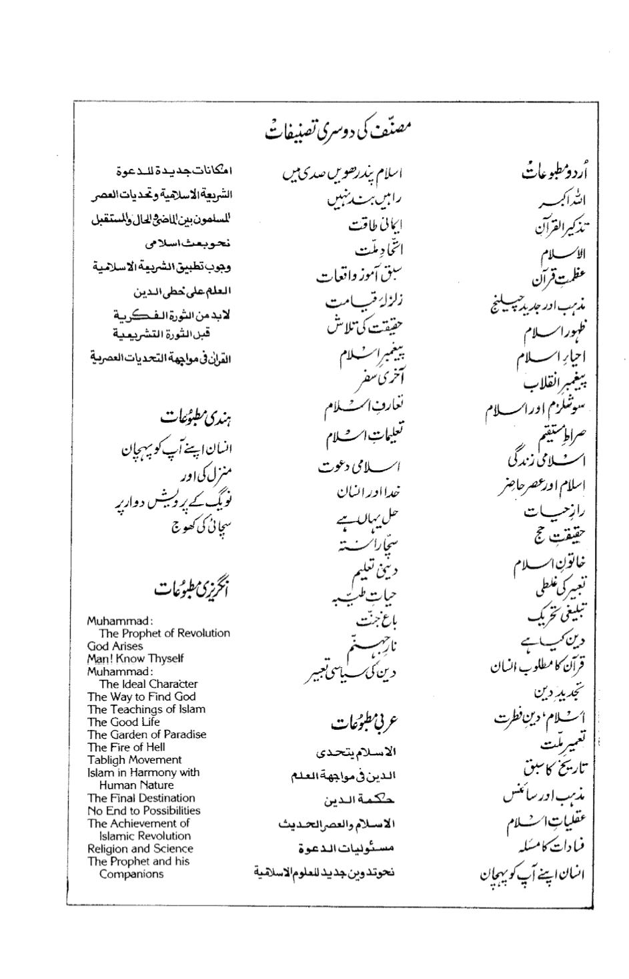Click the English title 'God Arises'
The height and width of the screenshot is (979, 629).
pyautogui.click(x=115, y=646)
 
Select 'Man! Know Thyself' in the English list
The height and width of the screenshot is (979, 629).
pyautogui.click(x=135, y=658)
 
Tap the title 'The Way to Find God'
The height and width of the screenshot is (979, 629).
pyautogui.click(x=141, y=697)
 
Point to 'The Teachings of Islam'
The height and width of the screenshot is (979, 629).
pyautogui.click(x=146, y=709)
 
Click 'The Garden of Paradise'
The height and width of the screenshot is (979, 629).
pyautogui.click(x=147, y=735)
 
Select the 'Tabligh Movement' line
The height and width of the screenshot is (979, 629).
pyautogui.click(x=134, y=760)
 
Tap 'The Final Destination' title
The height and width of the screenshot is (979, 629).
pyautogui.click(x=141, y=798)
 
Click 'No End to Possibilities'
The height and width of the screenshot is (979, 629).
pyautogui.click(x=143, y=811)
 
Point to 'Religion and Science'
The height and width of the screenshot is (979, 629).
pyautogui.click(x=140, y=849)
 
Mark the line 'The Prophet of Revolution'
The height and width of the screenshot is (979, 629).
pyautogui.click(x=164, y=633)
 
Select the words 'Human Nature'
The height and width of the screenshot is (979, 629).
pyautogui.click(x=136, y=785)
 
